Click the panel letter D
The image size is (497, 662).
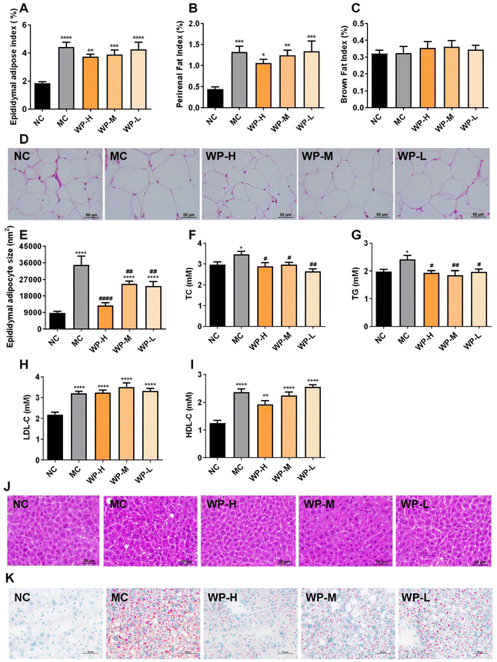7,142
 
